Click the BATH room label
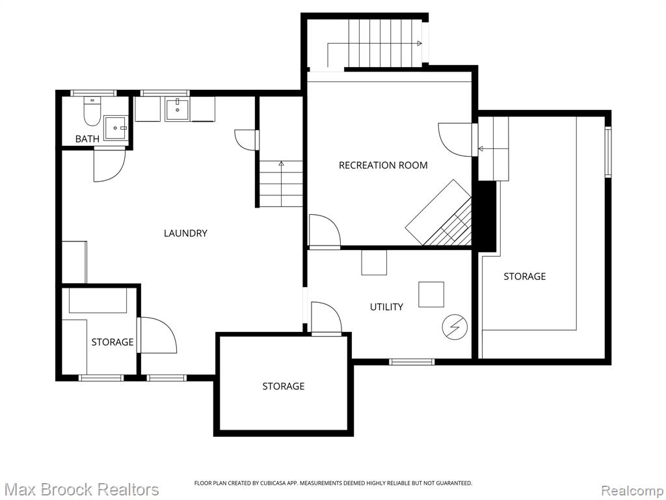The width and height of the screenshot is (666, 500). point(87,139)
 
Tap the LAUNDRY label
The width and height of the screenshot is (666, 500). point(185,233)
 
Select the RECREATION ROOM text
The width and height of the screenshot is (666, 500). point(383,165)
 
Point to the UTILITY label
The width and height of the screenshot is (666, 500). point(386,307)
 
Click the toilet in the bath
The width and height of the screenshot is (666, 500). point(92,111)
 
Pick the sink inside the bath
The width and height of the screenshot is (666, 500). point(116,128)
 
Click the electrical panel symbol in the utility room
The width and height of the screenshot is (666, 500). point(455,327)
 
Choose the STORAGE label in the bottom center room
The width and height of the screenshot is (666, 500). point(284,386)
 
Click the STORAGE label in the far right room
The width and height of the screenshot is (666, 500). point(525,276)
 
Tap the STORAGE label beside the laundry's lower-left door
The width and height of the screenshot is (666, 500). point(113,342)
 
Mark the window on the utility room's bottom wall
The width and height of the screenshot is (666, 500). point(412,362)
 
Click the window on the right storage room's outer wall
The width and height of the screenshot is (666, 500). point(608,151)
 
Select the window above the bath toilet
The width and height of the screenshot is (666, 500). point(93,92)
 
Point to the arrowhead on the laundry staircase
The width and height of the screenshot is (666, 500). point(281,163)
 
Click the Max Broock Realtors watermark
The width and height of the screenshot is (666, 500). point(81,490)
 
